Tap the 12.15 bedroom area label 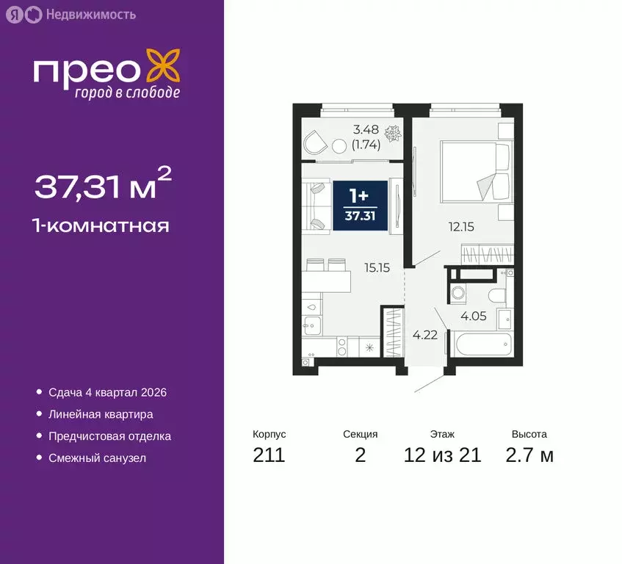click(462, 227)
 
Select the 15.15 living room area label click(377, 268)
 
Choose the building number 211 click(269, 455)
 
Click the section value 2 click(360, 455)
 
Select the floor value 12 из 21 click(442, 455)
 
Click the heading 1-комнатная click(101, 225)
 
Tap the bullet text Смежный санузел click(97, 458)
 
